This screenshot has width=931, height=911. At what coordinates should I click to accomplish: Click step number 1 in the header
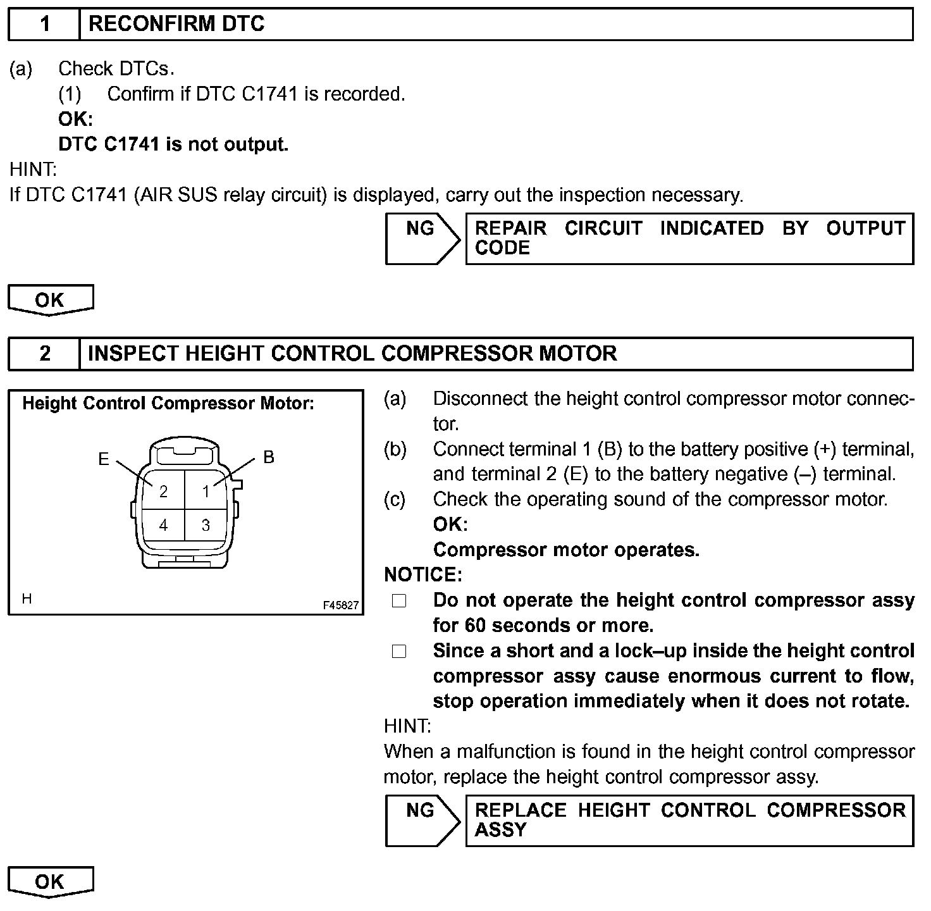coord(44,24)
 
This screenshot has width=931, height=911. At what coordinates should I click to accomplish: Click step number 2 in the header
coord(44,353)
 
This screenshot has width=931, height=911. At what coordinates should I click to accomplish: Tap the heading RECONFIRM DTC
coord(176,24)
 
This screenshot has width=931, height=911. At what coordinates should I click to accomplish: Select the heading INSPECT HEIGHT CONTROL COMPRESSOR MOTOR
coord(352,353)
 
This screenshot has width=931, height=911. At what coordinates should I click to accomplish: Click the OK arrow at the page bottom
coord(50,881)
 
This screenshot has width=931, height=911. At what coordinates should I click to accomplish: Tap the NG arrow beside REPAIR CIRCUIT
coord(421,238)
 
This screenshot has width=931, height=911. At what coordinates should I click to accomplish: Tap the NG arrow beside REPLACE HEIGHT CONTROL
coord(421,820)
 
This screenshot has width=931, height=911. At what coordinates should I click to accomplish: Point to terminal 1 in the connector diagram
coord(206,492)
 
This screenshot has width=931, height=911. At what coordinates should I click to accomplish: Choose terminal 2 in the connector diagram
coord(164,492)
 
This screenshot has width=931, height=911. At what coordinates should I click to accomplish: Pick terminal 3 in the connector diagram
coord(206,525)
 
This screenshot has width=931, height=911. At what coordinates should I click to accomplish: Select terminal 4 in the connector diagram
coord(164,525)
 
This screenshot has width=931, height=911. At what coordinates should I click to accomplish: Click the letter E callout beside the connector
coord(104,459)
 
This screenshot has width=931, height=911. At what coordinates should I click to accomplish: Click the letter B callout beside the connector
coord(269,457)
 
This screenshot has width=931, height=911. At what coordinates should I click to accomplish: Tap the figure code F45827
coord(340,605)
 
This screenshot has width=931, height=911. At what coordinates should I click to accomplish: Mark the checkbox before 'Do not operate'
coord(399,601)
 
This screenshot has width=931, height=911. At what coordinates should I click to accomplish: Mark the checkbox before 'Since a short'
coord(399,652)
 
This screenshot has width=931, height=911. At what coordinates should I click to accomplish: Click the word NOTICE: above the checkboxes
coord(423,574)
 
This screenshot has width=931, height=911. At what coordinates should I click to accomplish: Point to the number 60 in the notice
coord(475,626)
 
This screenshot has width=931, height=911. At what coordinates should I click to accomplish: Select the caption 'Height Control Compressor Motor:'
coord(168,404)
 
